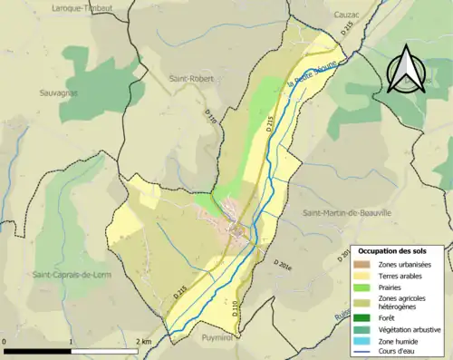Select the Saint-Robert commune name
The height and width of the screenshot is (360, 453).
point(189,79)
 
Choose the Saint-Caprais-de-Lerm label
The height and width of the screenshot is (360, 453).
point(70,274)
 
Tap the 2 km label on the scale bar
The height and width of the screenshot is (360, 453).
point(142,342)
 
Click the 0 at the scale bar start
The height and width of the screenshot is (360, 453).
point(5,342)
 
